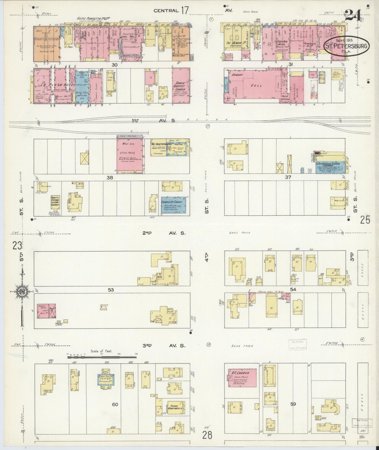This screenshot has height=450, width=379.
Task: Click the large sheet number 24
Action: click(x=353, y=15)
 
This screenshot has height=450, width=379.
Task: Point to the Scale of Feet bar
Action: click(x=102, y=357)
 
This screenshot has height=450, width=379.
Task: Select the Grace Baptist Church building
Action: click(x=181, y=86)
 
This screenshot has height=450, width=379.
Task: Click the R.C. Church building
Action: click(x=242, y=375)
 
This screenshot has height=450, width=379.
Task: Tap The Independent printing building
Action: click(x=170, y=147)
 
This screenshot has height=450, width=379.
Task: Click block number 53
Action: click(x=111, y=290)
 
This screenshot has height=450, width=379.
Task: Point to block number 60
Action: click(x=115, y=404)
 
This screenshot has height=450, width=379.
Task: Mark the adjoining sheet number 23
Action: click(x=17, y=246)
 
